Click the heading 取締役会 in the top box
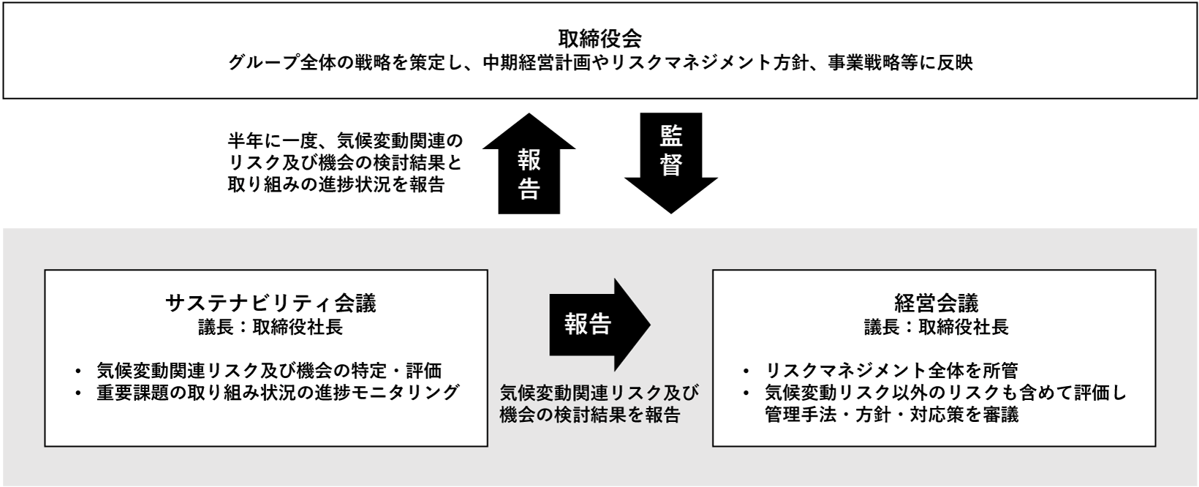[599, 38]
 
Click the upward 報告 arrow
[529, 163]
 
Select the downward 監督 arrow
[670, 163]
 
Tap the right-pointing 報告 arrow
[599, 325]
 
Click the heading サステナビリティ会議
[271, 303]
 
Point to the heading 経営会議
[937, 303]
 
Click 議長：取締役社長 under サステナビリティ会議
[271, 327]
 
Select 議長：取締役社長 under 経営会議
[937, 327]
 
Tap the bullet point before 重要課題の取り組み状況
[79, 393]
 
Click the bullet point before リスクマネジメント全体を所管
[746, 371]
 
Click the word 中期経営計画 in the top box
[537, 63]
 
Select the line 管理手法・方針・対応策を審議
[892, 415]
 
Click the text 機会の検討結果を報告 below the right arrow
[590, 415]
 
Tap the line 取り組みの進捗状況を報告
[336, 184]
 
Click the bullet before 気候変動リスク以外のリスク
[746, 393]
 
